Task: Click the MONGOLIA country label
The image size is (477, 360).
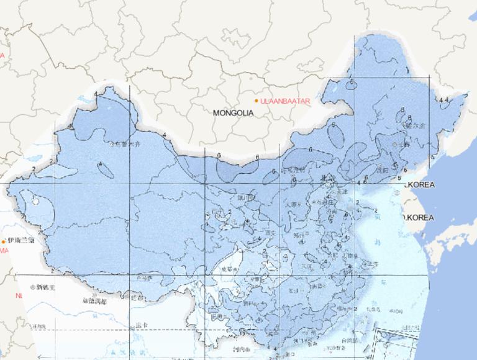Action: (x=233, y=113)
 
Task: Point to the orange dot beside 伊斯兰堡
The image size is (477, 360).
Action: (x=4, y=241)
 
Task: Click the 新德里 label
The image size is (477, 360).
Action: (x=45, y=287)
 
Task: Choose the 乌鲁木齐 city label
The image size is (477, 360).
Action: (x=124, y=144)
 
